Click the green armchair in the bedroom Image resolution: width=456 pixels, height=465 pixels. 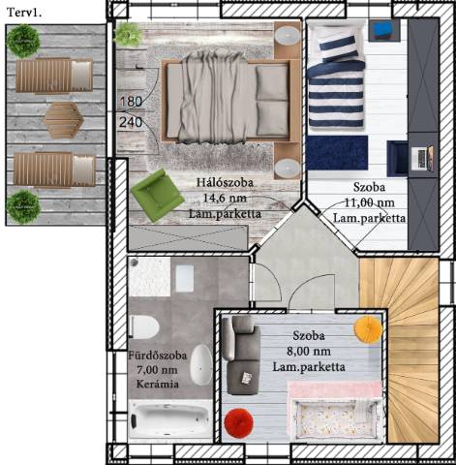pos(157,196)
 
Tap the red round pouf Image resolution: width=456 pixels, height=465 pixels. pos(239,423)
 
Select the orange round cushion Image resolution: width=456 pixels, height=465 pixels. pos(368,328)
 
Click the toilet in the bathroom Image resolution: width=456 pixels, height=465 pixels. pos(144,326)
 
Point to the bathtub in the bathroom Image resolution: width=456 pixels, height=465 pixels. pos(170,418)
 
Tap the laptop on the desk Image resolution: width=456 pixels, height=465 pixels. pos(423,158)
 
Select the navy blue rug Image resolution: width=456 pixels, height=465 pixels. pos(337,153)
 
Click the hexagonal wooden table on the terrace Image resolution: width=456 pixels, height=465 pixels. pos(63,120)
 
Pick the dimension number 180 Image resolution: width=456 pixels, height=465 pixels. pos(131,102)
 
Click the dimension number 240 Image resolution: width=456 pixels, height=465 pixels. pos(131,122)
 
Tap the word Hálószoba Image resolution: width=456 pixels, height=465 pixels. pos(225,183)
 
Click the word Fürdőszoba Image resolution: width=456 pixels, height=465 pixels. pos(158,356)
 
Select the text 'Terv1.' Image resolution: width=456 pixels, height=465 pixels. pos(24,13)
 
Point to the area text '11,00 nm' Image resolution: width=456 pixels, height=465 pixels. pos(370,202)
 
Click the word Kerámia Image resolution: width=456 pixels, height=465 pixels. pos(158,384)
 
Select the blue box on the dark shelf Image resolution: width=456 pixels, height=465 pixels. pos(383,29)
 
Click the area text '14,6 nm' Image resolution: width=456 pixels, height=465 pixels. pos(225,198)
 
